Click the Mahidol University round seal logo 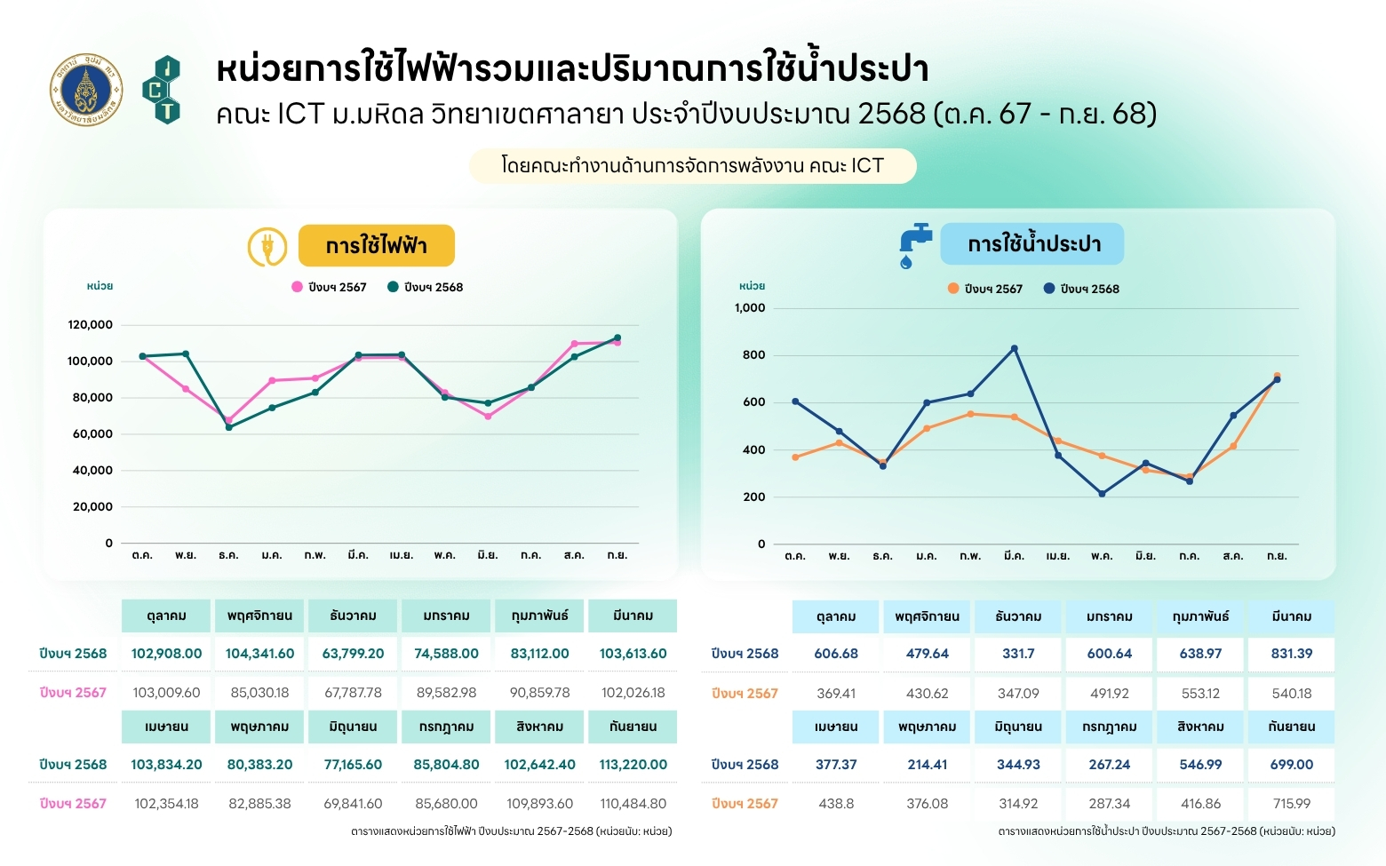point(86,89)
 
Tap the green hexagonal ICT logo point(162,89)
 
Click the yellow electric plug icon point(267,246)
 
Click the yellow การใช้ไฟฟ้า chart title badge point(376,245)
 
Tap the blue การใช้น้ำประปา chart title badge point(1032,244)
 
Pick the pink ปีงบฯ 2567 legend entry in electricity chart point(330,287)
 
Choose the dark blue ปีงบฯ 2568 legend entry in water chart point(1081,289)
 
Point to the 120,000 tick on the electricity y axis point(91,325)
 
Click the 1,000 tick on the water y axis point(750,308)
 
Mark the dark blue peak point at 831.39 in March point(1014,348)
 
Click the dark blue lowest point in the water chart point(1102,494)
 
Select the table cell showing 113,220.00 point(633,765)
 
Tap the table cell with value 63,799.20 point(353,654)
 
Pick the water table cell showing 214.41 point(927,765)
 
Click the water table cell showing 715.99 point(1291,804)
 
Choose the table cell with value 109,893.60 point(539,804)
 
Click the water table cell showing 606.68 point(836,654)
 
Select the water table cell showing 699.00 point(1291,765)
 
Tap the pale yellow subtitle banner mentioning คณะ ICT point(692,166)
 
